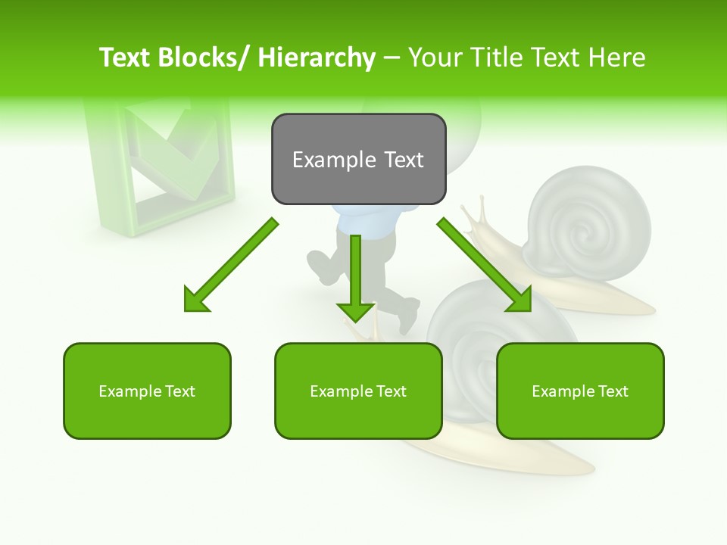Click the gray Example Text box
tap(358, 159)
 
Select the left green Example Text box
tap(147, 391)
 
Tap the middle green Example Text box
tap(358, 391)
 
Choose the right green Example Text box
tap(580, 391)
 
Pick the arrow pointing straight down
tap(355, 280)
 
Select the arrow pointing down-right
tap(485, 265)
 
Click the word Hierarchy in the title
tap(317, 58)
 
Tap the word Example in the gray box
tap(334, 160)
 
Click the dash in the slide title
tap(392, 58)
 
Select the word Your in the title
tap(433, 58)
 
